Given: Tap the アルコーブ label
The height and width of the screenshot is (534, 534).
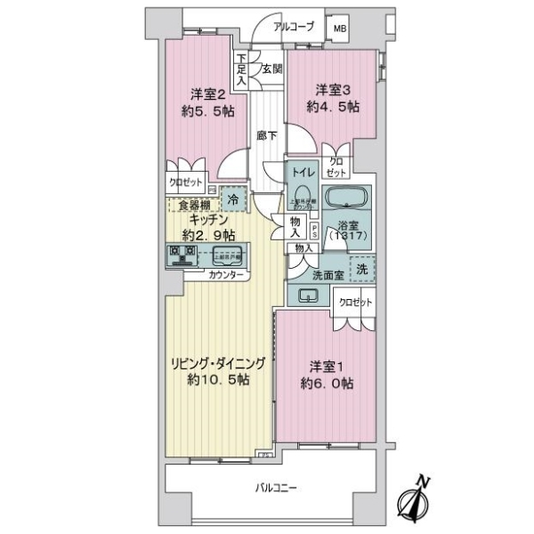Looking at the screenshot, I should (x=293, y=27).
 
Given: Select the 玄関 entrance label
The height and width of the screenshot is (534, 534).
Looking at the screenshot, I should (x=271, y=68).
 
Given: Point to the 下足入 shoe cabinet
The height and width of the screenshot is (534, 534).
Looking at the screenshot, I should (x=241, y=69).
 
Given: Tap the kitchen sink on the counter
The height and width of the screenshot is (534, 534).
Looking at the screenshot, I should (x=226, y=257).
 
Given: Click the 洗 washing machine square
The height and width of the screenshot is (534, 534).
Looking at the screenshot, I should (x=364, y=269).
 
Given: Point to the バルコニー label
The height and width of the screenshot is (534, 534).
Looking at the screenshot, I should (x=276, y=489).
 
